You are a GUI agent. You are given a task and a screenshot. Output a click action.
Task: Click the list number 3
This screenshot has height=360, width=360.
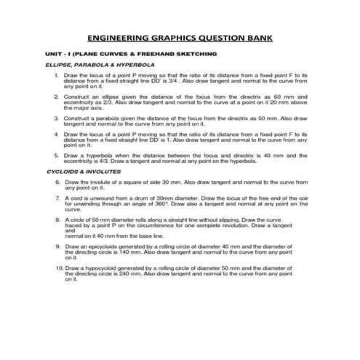click(x=57, y=118)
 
